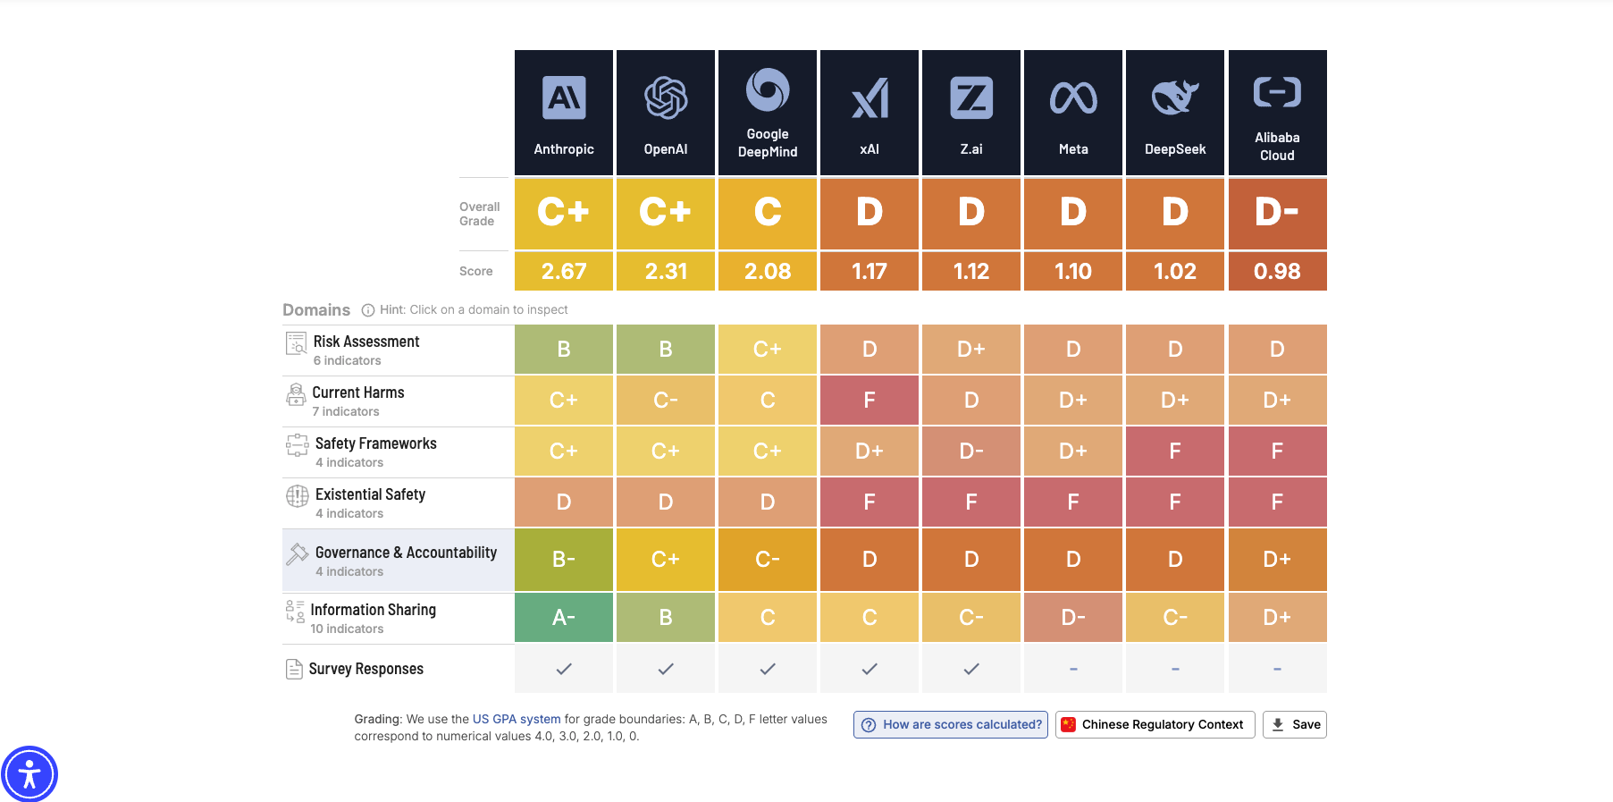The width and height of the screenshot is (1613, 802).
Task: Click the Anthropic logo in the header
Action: (x=564, y=97)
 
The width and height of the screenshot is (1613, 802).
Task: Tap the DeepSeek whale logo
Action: (x=1174, y=97)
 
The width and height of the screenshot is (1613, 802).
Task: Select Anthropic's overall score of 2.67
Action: (x=564, y=271)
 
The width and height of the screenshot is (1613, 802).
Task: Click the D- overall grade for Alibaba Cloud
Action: (x=1277, y=213)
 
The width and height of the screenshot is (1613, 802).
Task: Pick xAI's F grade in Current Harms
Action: (x=870, y=400)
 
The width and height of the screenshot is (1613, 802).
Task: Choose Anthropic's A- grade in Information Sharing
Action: (x=564, y=617)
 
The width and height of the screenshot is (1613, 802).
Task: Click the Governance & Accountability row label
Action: (x=406, y=553)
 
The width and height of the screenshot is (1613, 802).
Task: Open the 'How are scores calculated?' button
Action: (x=951, y=724)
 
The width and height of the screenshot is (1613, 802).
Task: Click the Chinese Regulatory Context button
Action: (x=1155, y=724)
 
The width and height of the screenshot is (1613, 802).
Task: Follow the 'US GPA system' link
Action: (x=517, y=719)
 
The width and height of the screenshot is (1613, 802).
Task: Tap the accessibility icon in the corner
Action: (x=29, y=773)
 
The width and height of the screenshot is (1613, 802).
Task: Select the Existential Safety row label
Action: (x=370, y=494)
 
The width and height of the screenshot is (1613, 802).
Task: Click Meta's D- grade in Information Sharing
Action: (x=1073, y=617)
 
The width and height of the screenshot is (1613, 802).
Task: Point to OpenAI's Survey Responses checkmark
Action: (x=666, y=669)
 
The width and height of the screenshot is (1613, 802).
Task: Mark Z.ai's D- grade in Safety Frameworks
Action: (x=971, y=451)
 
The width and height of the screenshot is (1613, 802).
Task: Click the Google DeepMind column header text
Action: (x=768, y=143)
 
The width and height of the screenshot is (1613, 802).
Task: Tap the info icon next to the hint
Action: (x=367, y=310)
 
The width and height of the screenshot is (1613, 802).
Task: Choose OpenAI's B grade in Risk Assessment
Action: (x=666, y=349)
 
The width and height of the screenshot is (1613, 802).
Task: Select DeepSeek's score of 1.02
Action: (x=1174, y=271)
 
